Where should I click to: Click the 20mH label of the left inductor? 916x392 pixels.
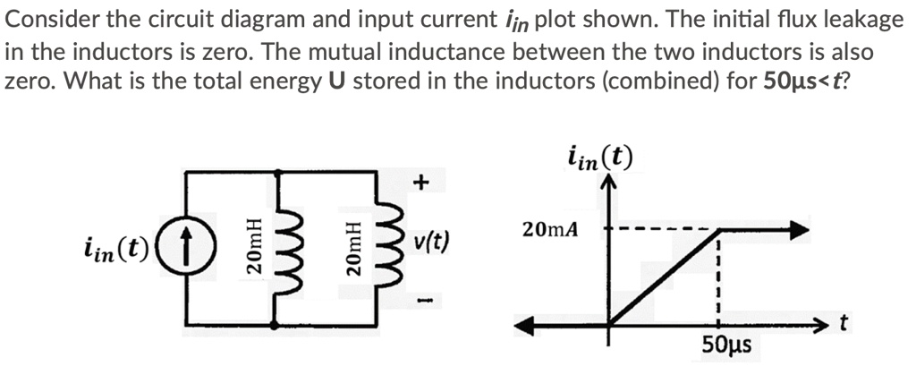(255, 245)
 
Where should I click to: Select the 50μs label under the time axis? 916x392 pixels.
(725, 345)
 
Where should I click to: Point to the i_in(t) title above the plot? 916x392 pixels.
(599, 158)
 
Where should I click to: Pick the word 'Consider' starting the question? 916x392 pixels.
(50, 19)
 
